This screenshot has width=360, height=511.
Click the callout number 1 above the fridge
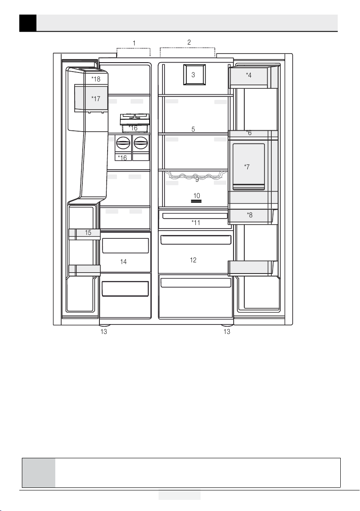[x=134, y=43]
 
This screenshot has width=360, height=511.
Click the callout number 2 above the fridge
[x=189, y=42]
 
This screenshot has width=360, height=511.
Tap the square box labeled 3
[x=194, y=75]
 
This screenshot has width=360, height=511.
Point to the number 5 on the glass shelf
[x=193, y=129]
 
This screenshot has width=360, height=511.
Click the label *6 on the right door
[x=249, y=132]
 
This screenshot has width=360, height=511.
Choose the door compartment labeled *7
[x=249, y=166]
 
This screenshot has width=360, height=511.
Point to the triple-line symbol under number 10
[x=196, y=201]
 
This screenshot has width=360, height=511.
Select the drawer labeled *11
[x=195, y=219]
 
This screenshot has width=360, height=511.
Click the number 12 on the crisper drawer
[x=193, y=260]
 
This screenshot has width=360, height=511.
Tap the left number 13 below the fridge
[x=104, y=332]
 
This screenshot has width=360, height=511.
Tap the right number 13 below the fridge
[x=227, y=332]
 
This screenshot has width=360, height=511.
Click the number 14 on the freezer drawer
[x=123, y=262]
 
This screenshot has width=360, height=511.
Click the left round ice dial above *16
[x=123, y=143]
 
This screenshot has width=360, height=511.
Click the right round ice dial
[x=141, y=143]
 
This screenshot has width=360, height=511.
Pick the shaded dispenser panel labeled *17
[x=91, y=98]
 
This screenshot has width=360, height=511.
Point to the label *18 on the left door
[x=96, y=79]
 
